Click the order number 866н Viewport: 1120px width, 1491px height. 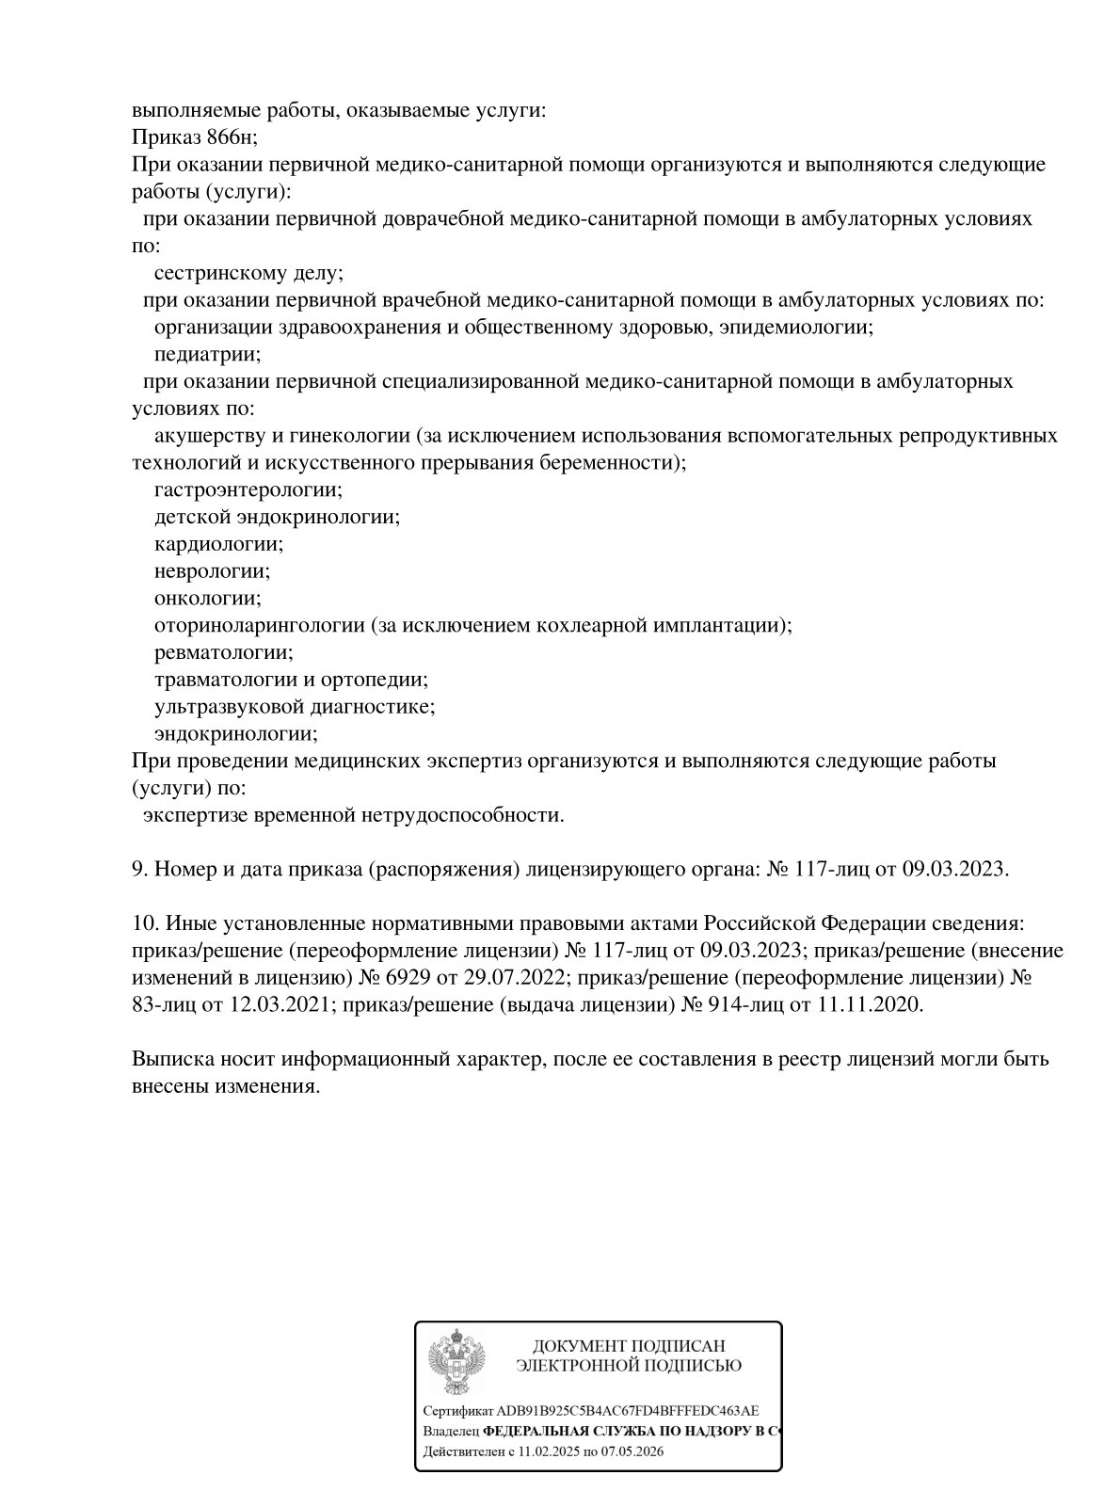[230, 137]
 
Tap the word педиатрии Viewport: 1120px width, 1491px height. [207, 355]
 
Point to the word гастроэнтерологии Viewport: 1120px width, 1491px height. [248, 490]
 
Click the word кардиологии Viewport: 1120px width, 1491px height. [217, 544]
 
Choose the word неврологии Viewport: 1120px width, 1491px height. [211, 571]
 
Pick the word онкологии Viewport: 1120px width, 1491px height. [207, 599]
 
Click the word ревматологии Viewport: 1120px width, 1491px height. [223, 652]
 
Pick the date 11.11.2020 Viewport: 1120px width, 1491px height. [871, 1004]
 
